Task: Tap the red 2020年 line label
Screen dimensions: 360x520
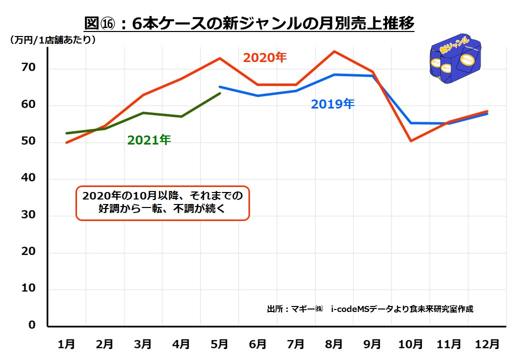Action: [x=264, y=57]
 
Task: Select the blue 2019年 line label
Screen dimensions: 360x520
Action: [x=332, y=104]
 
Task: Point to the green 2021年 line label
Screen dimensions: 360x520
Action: [x=149, y=140]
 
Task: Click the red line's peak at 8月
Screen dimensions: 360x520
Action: [x=333, y=51]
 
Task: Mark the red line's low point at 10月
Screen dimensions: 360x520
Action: [x=410, y=141]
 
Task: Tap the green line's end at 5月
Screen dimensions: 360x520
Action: [x=219, y=93]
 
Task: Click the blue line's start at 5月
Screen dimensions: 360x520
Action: [x=220, y=86]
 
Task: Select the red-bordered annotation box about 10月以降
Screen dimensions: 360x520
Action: [x=162, y=203]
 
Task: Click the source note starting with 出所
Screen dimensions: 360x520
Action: [x=370, y=309]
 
